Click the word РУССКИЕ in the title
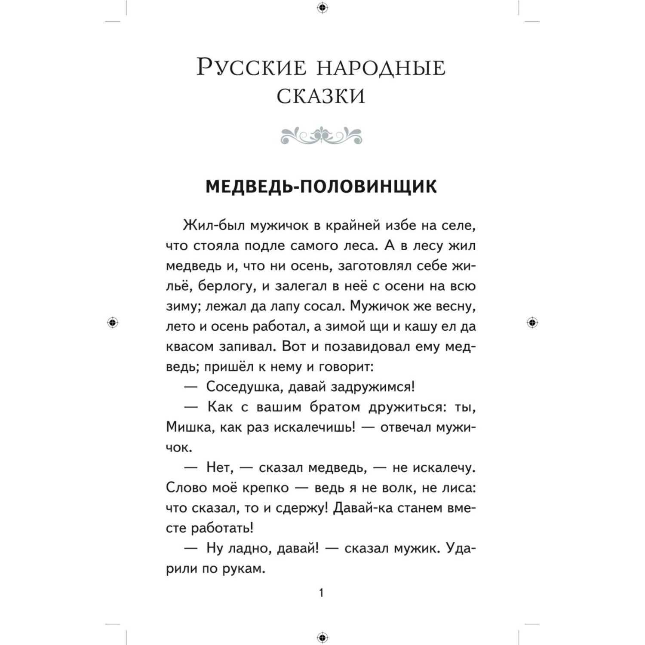(251, 68)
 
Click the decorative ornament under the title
(321, 136)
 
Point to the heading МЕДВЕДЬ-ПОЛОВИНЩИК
(321, 187)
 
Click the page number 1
(321, 593)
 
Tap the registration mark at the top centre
(322, 7)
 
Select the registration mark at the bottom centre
(322, 637)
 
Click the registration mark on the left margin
(113, 322)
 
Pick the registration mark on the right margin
(532, 322)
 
